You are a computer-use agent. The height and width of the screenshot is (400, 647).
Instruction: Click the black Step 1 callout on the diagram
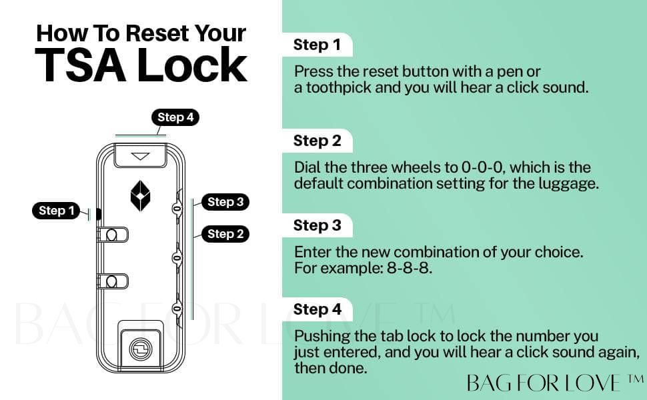point(56,211)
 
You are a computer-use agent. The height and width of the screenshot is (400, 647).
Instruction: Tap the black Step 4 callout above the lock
point(175,117)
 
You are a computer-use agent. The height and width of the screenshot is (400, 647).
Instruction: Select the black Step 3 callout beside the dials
point(225,202)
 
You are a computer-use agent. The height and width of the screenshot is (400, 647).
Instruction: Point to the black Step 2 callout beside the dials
point(225,234)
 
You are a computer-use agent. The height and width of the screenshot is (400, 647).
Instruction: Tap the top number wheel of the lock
point(177,209)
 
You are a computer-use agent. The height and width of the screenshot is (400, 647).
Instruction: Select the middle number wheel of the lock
point(177,258)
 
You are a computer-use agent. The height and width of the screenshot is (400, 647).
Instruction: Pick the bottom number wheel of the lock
point(177,309)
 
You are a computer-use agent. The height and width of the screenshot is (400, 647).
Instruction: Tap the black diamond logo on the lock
point(140,196)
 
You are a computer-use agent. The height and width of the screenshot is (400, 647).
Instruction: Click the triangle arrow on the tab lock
point(140,156)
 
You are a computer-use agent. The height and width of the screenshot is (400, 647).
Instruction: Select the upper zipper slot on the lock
point(112,235)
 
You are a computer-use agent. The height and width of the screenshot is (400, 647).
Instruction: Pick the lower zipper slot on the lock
point(112,281)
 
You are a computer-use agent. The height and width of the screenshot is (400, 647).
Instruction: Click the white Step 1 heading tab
point(317,45)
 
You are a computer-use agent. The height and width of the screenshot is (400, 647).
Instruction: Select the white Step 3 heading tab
point(317,225)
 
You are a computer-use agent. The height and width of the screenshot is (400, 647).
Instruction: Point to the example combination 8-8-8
point(410,268)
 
